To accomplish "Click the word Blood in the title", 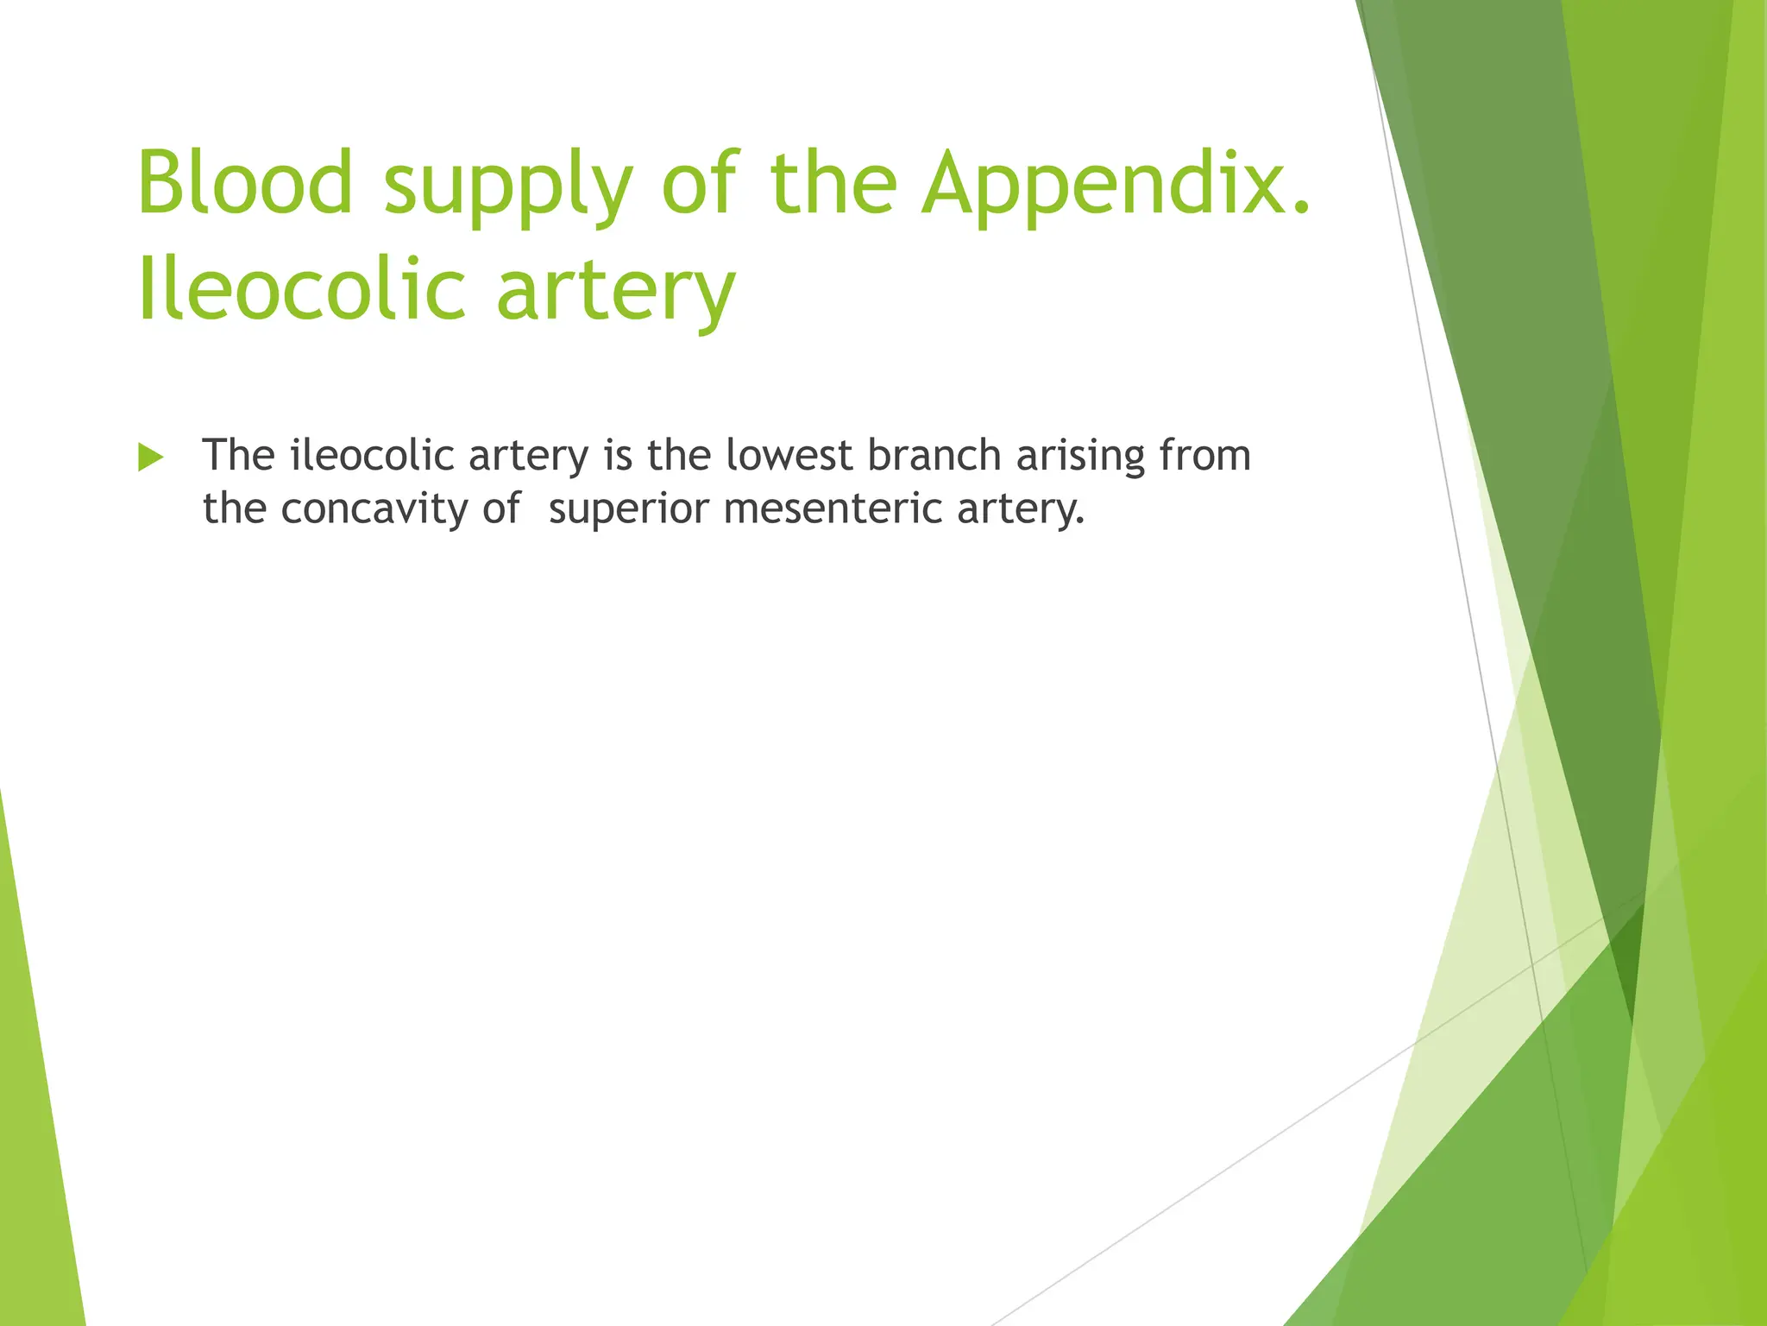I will point(245,182).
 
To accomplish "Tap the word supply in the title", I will point(507,186).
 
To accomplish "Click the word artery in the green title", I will point(616,292).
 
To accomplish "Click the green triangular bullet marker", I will point(150,457).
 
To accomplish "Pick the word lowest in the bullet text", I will point(789,455).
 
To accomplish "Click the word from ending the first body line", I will point(1204,455).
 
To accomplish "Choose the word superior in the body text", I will point(628,509).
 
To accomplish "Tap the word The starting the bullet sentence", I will point(238,455).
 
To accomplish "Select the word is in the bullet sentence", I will point(618,455).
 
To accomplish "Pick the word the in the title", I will point(833,182).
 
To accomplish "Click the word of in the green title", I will point(700,182).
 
